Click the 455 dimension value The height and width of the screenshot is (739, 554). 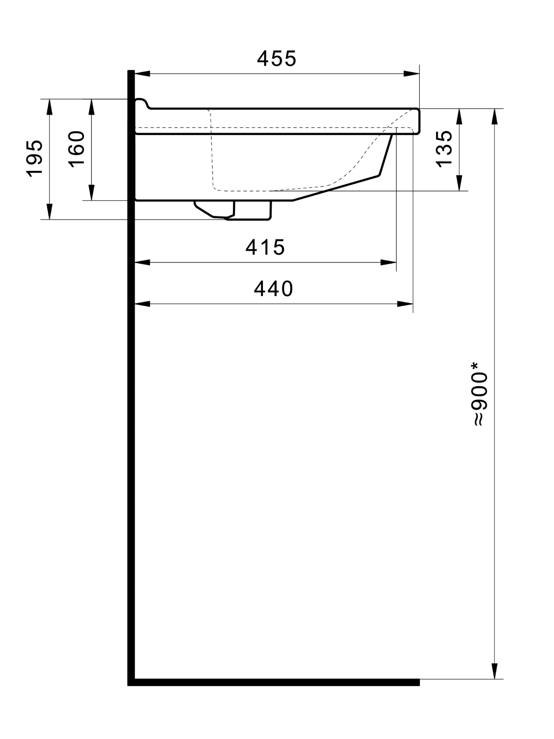point(276,58)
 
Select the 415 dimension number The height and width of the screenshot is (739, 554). point(265,247)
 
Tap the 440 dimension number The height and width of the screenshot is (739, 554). point(274,289)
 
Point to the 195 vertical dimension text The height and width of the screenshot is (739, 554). point(34,158)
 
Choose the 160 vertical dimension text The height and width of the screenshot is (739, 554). point(76,149)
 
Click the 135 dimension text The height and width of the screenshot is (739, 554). point(444,149)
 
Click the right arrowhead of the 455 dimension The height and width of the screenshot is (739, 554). point(411,74)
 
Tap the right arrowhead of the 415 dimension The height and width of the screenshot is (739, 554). point(388,263)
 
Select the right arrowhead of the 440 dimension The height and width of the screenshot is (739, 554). point(405,304)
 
